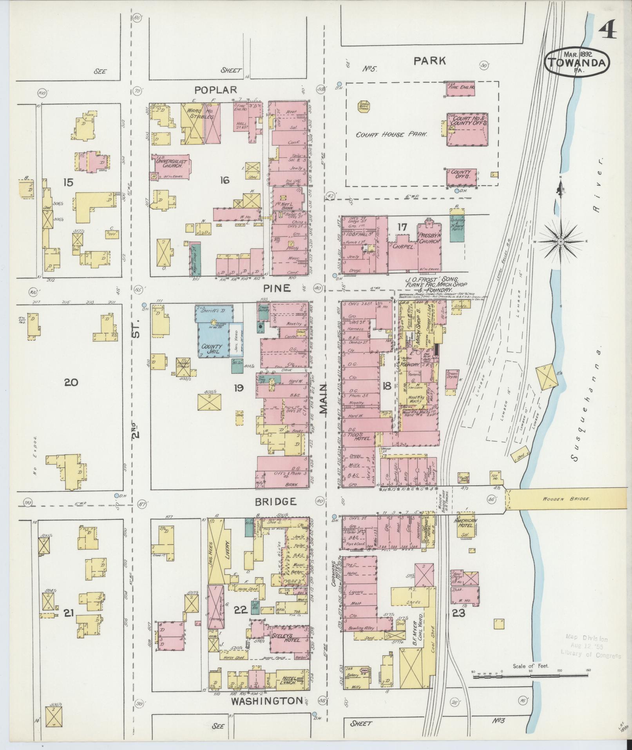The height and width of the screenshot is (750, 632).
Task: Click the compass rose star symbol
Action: pos(560,241)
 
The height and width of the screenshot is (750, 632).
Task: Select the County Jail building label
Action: pos(212,349)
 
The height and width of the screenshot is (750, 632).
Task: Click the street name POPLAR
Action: pos(216,90)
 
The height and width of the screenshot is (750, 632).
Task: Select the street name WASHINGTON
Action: pos(267,700)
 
